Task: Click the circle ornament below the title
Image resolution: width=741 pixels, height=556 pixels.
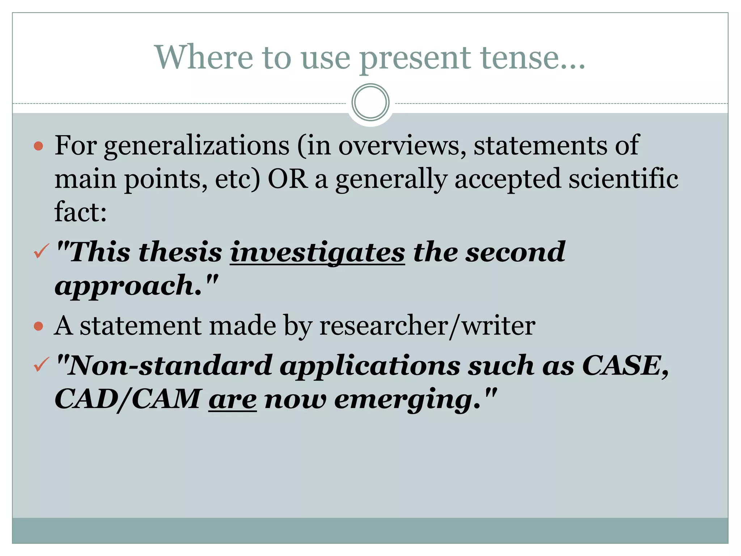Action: click(370, 102)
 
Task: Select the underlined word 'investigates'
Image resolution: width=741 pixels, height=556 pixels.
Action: click(317, 252)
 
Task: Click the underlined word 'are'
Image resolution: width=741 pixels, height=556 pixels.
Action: click(233, 400)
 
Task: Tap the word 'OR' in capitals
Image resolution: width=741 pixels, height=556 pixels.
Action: click(288, 179)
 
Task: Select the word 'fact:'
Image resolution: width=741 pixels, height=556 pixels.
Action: click(80, 212)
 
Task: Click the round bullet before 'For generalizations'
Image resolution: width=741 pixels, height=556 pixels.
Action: click(38, 146)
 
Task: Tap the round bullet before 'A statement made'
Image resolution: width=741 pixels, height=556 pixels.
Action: click(38, 327)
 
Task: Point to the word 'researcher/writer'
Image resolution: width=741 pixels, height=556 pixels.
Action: click(427, 326)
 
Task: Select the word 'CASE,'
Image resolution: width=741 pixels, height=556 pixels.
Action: click(626, 366)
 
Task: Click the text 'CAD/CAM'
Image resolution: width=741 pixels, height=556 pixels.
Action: click(127, 399)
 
